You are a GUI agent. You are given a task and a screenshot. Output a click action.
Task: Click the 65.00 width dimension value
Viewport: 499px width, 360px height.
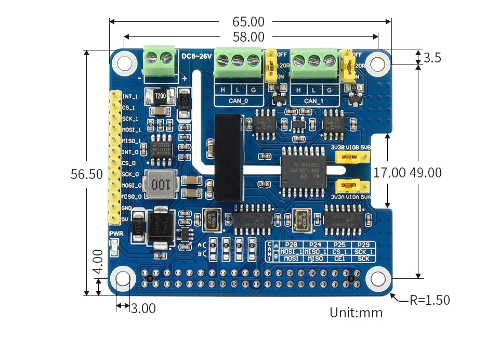[248, 22]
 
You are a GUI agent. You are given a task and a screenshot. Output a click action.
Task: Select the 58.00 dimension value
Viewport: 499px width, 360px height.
[248, 37]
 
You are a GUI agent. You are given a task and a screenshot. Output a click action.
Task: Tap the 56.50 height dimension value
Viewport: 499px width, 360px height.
[87, 174]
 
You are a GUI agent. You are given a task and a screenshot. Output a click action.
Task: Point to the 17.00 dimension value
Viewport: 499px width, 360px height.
[389, 173]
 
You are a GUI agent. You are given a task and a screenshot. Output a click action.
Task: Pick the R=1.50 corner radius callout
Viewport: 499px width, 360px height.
[429, 300]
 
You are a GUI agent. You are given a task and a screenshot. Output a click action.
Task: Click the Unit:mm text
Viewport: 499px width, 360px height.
[356, 313]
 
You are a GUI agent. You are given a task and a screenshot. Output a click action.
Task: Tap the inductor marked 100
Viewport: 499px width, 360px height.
[161, 185]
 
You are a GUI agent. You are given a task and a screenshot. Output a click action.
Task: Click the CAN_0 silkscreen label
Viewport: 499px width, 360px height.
[239, 101]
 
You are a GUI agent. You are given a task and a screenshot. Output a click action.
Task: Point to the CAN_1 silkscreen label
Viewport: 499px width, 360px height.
[314, 101]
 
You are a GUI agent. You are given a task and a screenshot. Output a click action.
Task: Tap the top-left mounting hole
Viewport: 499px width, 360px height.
[124, 62]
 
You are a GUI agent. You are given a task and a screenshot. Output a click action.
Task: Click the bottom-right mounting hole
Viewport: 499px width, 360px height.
[378, 279]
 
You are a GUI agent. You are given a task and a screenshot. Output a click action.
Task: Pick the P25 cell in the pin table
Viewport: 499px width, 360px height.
[339, 245]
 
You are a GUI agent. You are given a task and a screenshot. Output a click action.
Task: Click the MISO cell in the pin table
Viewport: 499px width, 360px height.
[314, 258]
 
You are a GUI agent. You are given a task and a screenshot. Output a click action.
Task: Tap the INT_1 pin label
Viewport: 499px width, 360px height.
[130, 96]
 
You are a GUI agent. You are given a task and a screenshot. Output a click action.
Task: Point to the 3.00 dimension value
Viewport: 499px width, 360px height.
[143, 308]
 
